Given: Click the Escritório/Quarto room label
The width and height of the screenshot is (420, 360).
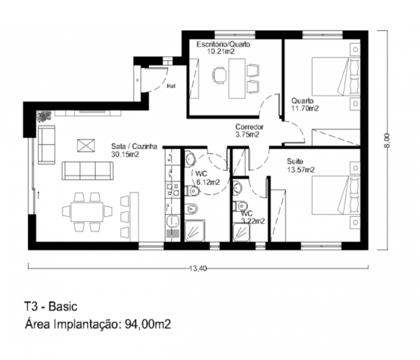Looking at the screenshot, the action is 223,44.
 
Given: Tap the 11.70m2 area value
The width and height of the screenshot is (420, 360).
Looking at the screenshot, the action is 305,109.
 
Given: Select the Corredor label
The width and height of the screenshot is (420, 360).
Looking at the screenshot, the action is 250,127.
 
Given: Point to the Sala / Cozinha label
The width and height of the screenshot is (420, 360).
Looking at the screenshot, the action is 134,146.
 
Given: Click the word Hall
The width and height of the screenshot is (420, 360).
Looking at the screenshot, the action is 171,86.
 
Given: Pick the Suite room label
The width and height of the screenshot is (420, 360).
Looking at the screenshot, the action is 295,161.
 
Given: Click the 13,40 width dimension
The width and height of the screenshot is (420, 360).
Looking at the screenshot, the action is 198,268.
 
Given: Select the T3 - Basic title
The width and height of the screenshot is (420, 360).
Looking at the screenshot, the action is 51,307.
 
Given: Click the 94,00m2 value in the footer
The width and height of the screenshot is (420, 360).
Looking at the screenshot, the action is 148,324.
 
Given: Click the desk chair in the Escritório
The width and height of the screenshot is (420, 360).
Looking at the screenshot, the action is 219,75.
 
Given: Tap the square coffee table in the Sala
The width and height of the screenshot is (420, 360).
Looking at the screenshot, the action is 86,146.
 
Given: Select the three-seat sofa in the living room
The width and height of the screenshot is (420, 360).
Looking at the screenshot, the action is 88,170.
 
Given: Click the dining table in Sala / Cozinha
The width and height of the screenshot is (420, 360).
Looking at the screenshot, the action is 87,212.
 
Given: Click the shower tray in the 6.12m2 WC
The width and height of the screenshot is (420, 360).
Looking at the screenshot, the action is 195,230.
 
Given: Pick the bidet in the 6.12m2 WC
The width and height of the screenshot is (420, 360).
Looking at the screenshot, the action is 191,208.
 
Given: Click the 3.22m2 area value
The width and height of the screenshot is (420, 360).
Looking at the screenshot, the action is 253,221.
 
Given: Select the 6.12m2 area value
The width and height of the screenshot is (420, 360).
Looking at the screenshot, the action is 208,182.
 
